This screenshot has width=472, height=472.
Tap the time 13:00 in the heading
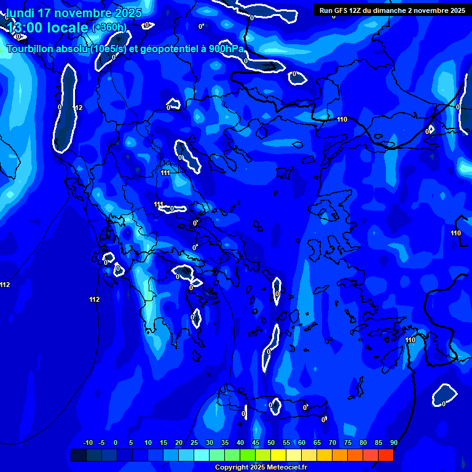[x=24, y=27]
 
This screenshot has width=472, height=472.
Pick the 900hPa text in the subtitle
[x=226, y=49]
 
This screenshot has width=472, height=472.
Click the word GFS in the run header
[x=340, y=10]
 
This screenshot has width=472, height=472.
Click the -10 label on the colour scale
[x=87, y=443]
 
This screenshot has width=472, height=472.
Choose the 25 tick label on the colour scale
[x=194, y=443]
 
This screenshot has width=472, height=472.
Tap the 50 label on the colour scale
[x=271, y=443]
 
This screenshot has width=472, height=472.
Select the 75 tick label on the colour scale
[x=348, y=443]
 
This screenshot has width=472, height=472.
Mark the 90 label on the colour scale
[x=393, y=443]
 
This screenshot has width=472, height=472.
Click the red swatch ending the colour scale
[x=386, y=455]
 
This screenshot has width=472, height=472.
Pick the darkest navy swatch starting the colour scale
[x=79, y=455]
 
